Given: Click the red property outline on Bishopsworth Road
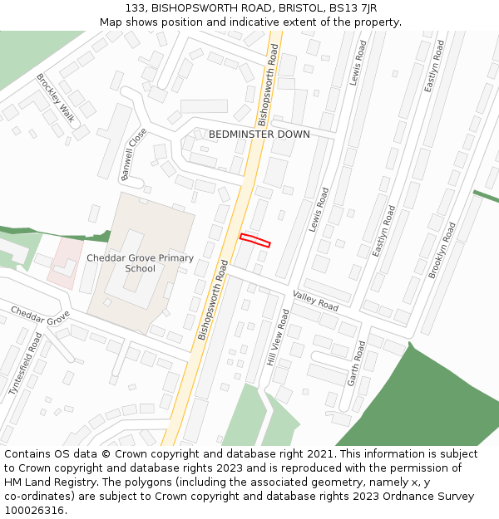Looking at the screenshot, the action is pos(255,240).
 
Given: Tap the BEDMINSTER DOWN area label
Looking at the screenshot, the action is pos(259,135).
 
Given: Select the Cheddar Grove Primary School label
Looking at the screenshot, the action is pos(140,263).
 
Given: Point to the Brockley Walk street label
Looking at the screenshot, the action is pos(56,98).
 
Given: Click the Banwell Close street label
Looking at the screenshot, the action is pos(133,154).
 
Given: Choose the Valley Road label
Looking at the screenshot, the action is pos(315,301).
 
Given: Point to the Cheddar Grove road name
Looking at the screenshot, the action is pos(40,316).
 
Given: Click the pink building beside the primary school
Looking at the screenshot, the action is pos(64,262).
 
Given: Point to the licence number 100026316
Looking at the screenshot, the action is pos(36,511).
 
